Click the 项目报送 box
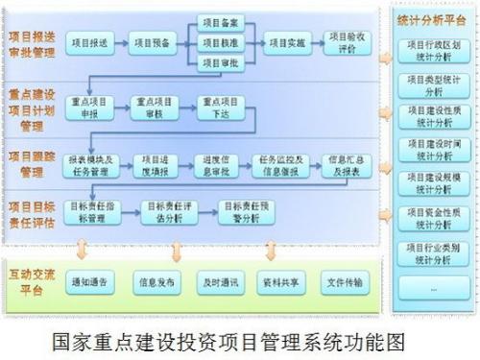[x=94, y=42]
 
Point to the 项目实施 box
[x=286, y=42]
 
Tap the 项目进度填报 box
[x=155, y=166]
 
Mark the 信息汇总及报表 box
[x=347, y=166]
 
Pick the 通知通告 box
[x=93, y=283]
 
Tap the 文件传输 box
[x=345, y=283]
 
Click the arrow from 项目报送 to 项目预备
[x=125, y=42]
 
